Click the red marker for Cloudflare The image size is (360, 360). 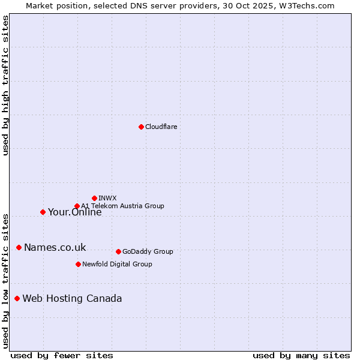pyautogui.click(x=141, y=127)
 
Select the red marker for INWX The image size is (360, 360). pyautogui.click(x=94, y=198)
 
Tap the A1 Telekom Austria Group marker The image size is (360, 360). pyautogui.click(x=77, y=206)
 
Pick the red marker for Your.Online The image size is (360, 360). pyautogui.click(x=43, y=212)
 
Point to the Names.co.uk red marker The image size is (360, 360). pyautogui.click(x=19, y=247)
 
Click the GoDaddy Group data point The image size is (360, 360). pyautogui.click(x=118, y=251)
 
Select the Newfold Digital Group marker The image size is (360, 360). pyautogui.click(x=78, y=264)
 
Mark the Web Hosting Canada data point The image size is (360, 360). pyautogui.click(x=17, y=298)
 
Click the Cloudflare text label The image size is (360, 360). pyautogui.click(x=161, y=127)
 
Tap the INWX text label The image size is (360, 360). pyautogui.click(x=107, y=198)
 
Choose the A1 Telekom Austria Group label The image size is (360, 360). pyautogui.click(x=122, y=206)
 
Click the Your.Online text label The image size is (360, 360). pyautogui.click(x=74, y=212)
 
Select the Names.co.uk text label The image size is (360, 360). pyautogui.click(x=55, y=247)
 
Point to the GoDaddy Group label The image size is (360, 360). pyautogui.click(x=147, y=251)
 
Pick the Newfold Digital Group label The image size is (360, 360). pyautogui.click(x=117, y=264)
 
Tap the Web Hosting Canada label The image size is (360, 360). pyautogui.click(x=72, y=298)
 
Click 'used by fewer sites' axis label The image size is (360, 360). pyautogui.click(x=62, y=355)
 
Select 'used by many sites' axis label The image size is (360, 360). pyautogui.click(x=301, y=355)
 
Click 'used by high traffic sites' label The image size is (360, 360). pyautogui.click(x=5, y=85)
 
